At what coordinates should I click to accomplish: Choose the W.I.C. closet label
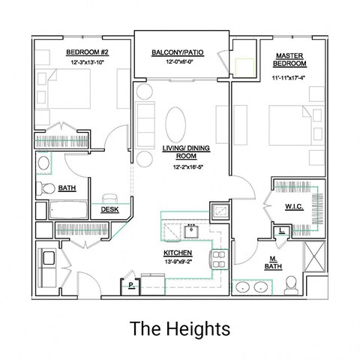point(293,206)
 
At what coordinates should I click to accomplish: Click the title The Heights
point(179,328)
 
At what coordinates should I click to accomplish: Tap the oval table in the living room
point(178,121)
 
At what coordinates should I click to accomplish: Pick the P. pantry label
point(130,286)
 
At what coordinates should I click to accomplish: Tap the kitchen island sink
point(192,228)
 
